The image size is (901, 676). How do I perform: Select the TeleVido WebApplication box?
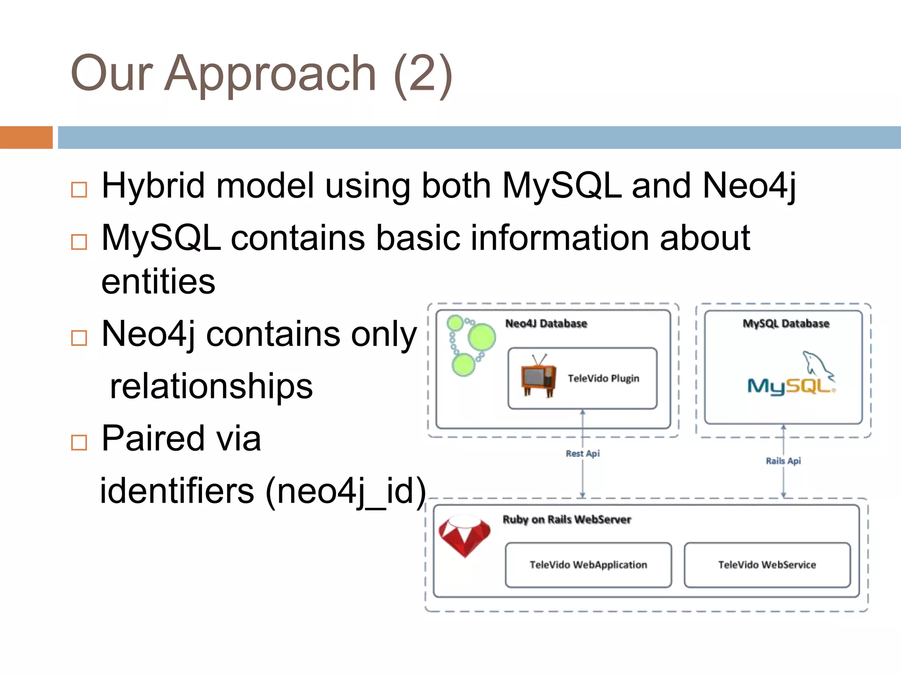click(x=588, y=565)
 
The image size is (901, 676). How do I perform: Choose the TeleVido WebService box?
click(x=767, y=565)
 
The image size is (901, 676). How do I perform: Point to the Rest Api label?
click(x=582, y=453)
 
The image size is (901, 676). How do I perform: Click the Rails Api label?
click(x=783, y=461)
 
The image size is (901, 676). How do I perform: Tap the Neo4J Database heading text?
click(x=546, y=323)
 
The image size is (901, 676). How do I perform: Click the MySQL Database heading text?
click(x=786, y=323)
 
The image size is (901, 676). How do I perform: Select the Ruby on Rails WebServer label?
click(x=567, y=519)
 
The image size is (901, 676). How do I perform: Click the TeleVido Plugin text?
click(x=603, y=378)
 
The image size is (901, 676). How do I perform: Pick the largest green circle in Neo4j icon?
click(x=482, y=338)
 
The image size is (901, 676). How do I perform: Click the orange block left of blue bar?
click(x=26, y=137)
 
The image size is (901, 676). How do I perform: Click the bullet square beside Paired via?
click(x=79, y=442)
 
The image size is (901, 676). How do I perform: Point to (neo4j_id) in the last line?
click(x=346, y=491)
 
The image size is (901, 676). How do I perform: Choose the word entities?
click(x=158, y=282)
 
